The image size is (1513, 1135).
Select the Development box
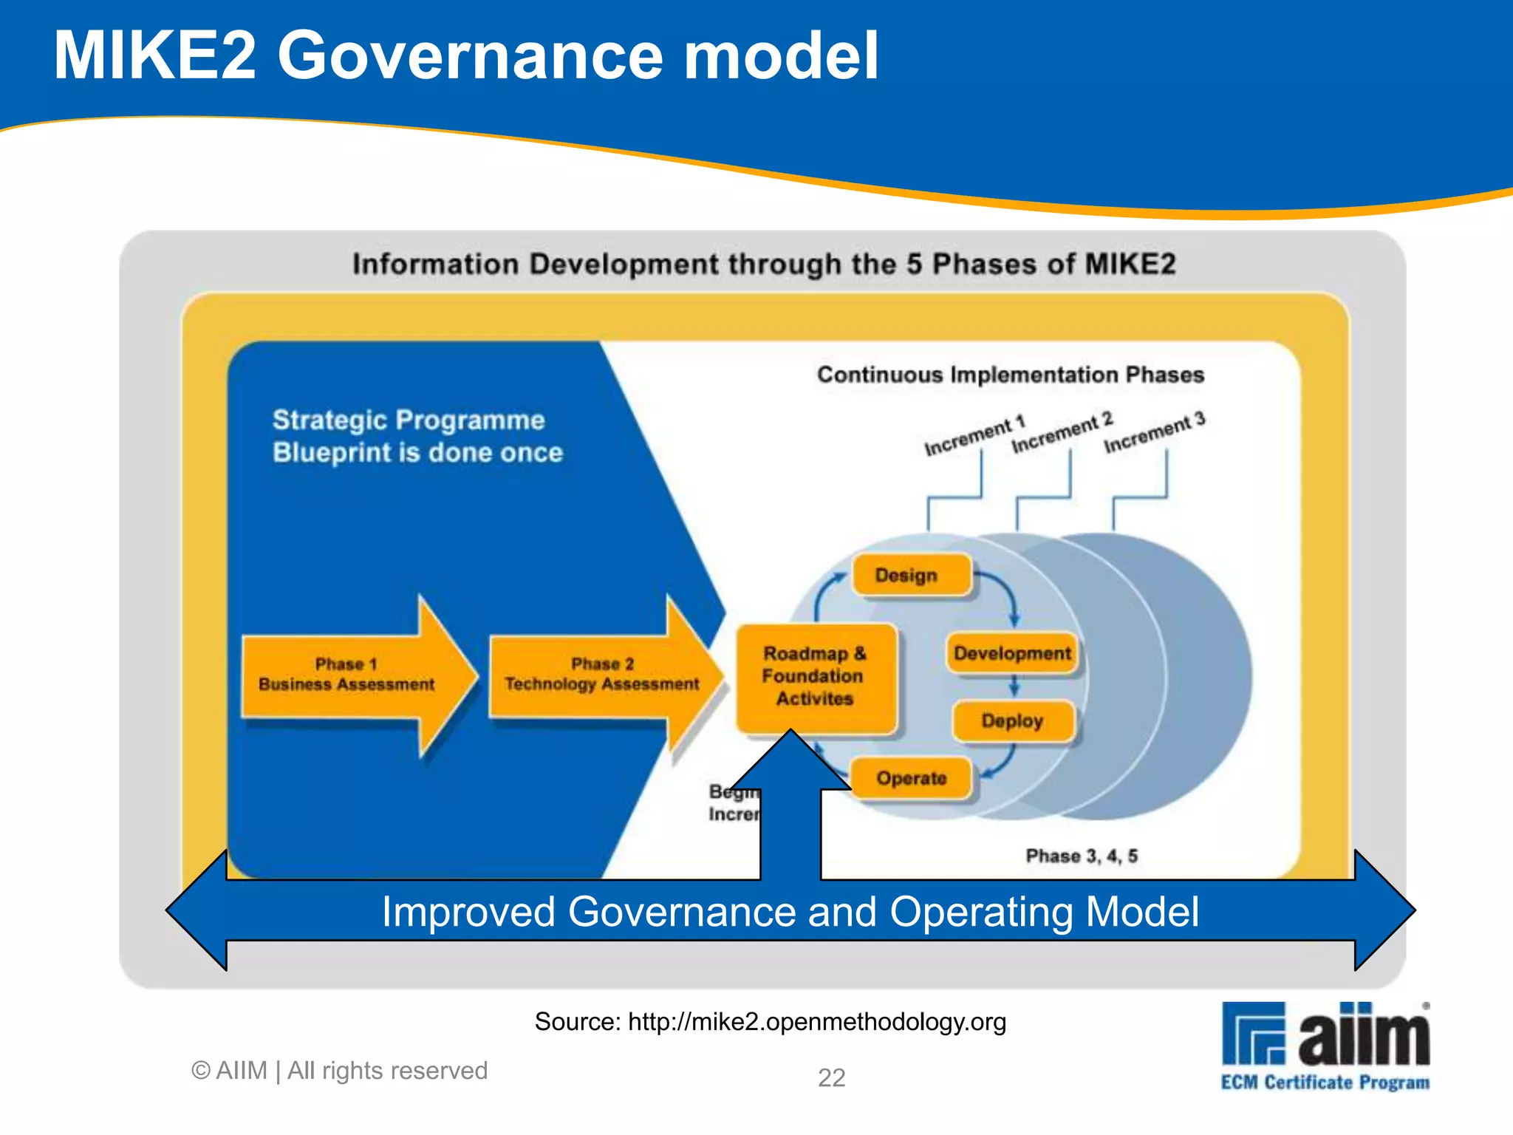[1011, 653]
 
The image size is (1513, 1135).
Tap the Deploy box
[1011, 720]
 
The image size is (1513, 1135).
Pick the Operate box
[911, 778]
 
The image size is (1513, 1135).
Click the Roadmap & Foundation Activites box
[815, 676]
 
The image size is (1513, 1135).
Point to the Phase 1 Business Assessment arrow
[347, 675]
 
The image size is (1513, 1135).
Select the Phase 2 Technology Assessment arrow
[601, 675]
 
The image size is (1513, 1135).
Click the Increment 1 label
[974, 436]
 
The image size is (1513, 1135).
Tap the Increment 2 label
[1062, 433]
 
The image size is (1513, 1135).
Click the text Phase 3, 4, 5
[1081, 856]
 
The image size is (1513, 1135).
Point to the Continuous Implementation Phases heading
[1010, 375]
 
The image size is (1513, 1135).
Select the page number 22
[831, 1077]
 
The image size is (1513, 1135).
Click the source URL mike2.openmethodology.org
[816, 1022]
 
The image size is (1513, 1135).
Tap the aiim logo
[1325, 1033]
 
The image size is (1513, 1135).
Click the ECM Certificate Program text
[1325, 1083]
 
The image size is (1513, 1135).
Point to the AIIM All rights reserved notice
[340, 1071]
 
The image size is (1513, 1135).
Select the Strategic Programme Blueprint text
[417, 436]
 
